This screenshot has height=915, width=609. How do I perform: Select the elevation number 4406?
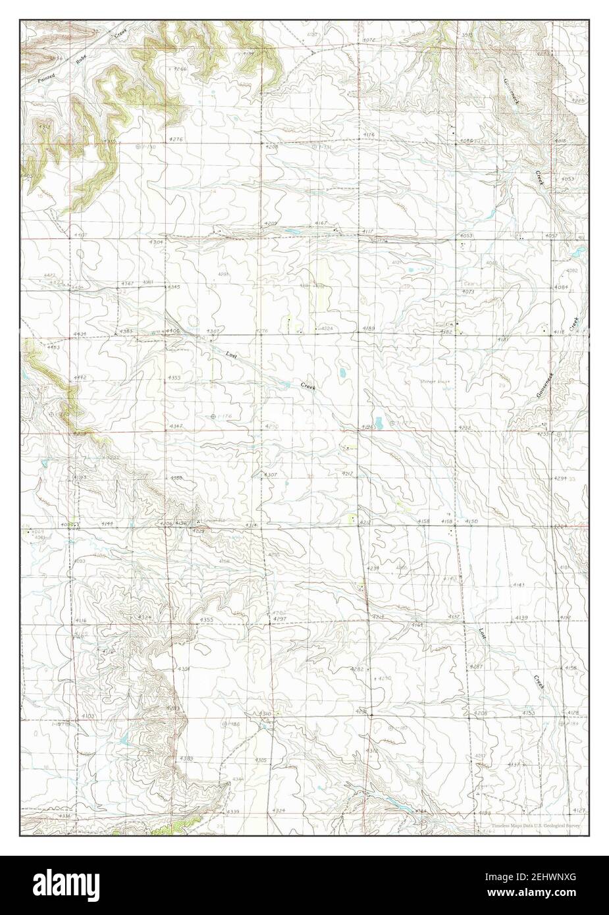[x=172, y=330]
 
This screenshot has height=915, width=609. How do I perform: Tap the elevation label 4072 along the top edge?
[x=369, y=41]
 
